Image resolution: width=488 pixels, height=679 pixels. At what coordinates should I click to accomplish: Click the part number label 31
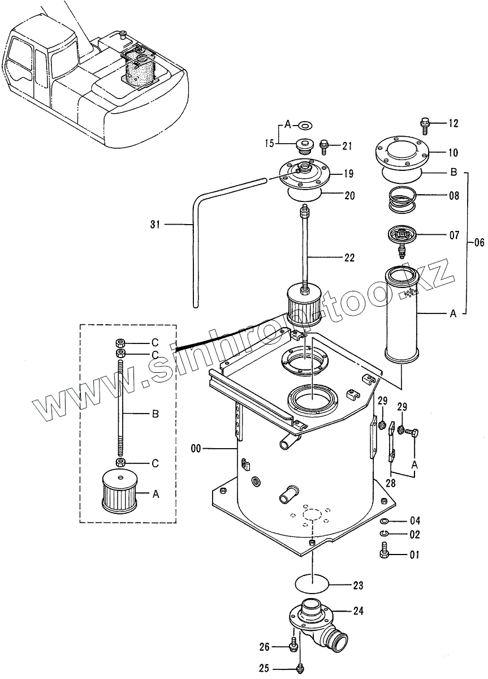[155, 225]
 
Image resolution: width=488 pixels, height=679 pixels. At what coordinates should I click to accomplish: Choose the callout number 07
[454, 235]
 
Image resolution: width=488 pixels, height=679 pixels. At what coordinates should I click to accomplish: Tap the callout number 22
[349, 258]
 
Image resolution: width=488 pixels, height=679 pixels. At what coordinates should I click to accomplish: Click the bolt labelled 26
[293, 645]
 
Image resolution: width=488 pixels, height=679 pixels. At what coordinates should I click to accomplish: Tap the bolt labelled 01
[385, 549]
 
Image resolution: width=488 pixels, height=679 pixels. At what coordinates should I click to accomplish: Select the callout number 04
[415, 521]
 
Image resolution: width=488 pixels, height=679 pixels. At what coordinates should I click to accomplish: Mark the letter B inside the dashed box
[155, 414]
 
